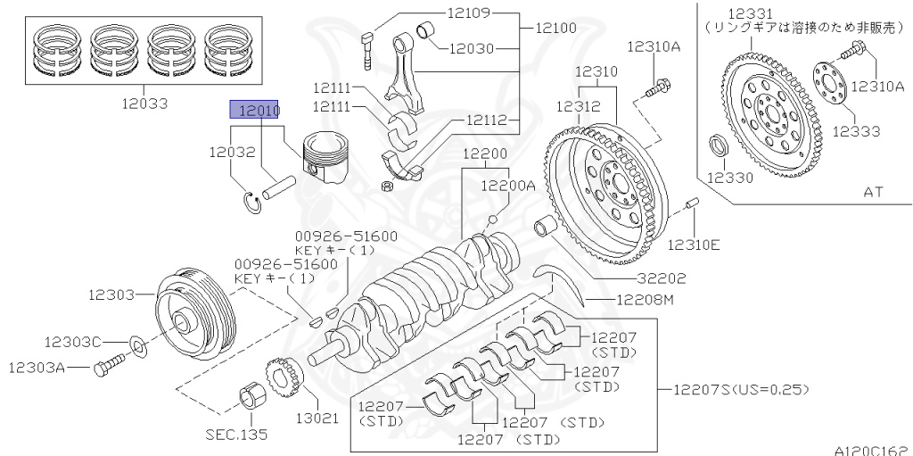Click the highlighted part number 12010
(x=255, y=110)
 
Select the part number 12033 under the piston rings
(x=144, y=104)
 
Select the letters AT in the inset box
(x=874, y=191)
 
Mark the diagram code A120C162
(x=871, y=449)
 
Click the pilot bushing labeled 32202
(x=545, y=229)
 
